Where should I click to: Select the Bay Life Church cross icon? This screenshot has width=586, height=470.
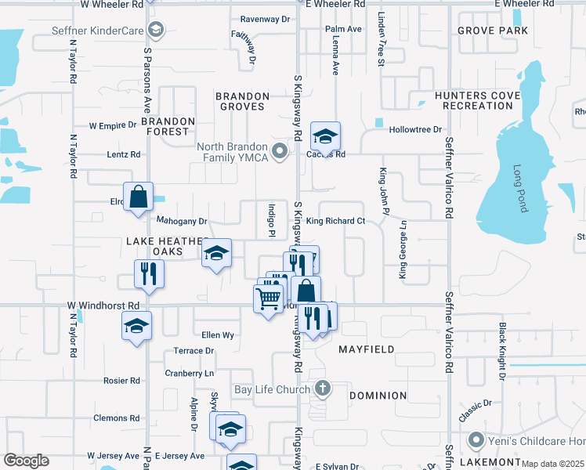(323, 388)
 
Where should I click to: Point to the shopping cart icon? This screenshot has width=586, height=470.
(268, 298)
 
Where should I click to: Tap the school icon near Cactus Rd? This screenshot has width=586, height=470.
(325, 137)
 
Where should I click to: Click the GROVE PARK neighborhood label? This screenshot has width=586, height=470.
(493, 31)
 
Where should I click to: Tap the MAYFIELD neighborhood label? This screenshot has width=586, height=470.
(366, 349)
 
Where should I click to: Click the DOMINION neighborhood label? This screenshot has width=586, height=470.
(378, 396)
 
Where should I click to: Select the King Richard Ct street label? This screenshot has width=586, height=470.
(335, 221)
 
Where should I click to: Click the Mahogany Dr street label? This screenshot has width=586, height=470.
(181, 221)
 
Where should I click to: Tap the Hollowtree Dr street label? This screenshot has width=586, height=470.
(416, 129)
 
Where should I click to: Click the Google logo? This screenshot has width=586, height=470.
(25, 461)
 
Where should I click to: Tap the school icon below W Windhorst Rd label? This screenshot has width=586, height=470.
(136, 326)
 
